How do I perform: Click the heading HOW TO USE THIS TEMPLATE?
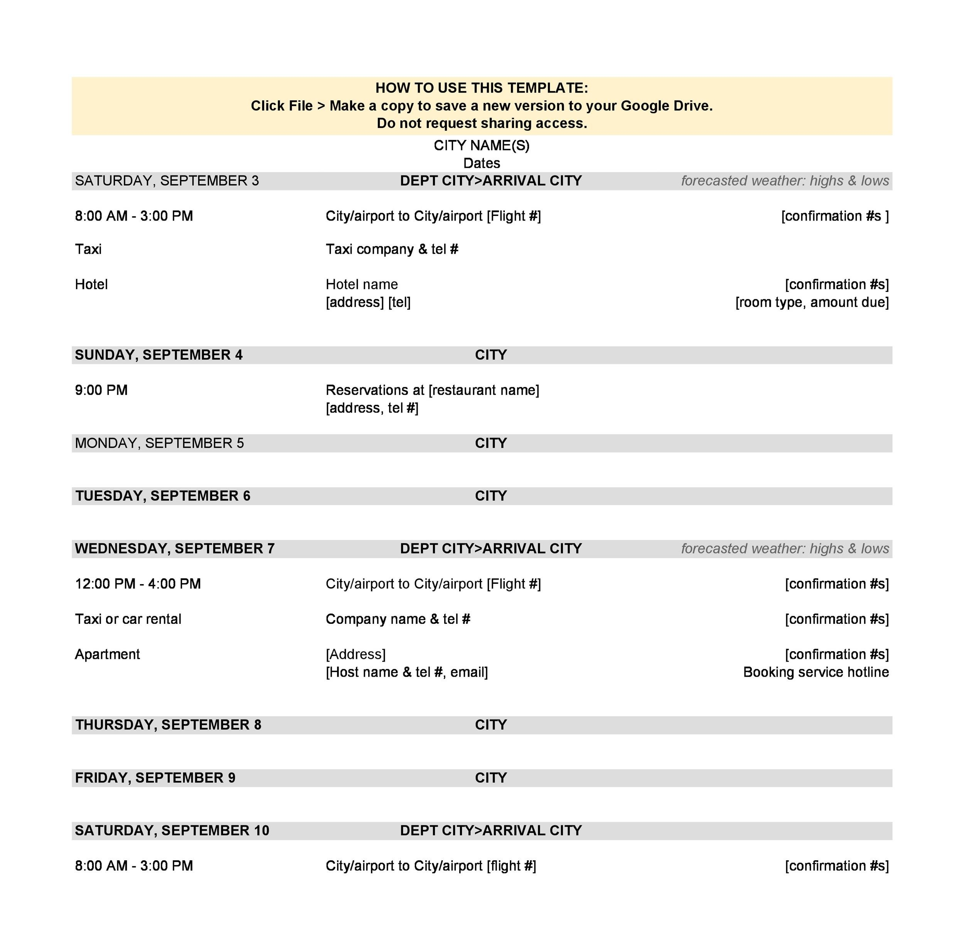[x=482, y=88]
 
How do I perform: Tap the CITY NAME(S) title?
[x=482, y=145]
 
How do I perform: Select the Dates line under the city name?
[x=482, y=163]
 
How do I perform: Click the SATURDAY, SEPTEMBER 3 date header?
[x=167, y=180]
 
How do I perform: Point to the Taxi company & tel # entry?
[x=392, y=249]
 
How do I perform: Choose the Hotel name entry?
[x=362, y=285]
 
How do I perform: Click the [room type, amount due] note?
[x=812, y=302]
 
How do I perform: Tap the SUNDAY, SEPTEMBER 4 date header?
[x=158, y=355]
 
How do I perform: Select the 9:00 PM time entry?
[x=101, y=390]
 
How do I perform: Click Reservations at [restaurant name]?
[x=432, y=390]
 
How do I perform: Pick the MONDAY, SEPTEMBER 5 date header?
[x=159, y=443]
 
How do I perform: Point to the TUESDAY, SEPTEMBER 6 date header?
[x=163, y=496]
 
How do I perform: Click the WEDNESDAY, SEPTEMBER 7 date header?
[x=175, y=548]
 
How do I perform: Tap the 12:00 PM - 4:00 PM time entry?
[x=138, y=584]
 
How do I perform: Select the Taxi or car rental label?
[x=128, y=619]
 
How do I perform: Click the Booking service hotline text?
[x=816, y=672]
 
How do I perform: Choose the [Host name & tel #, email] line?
[x=407, y=672]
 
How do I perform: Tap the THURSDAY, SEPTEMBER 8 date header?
[x=168, y=725]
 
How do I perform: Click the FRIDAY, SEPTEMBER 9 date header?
[x=155, y=777]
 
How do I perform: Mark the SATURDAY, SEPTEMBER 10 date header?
[x=172, y=830]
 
